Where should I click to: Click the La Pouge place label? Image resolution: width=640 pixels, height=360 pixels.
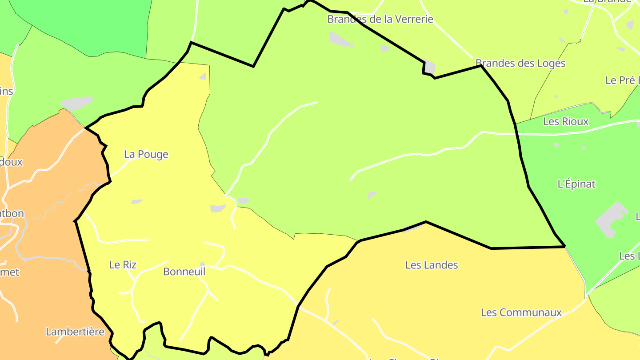click(146, 154)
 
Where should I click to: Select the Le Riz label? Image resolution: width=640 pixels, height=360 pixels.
click(123, 264)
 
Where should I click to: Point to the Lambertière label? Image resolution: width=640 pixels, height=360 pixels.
click(75, 332)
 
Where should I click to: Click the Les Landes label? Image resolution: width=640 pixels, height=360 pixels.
click(431, 265)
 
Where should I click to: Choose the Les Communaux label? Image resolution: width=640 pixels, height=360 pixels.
click(521, 312)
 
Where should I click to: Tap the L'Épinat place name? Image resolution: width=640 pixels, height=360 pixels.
click(576, 184)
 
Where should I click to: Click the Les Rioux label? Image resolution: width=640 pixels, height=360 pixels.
click(566, 121)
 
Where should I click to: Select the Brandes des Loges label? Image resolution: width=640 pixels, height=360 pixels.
click(520, 63)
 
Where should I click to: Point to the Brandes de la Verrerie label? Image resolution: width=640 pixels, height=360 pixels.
click(380, 19)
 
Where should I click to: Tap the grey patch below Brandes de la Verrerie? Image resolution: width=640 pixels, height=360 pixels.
click(340, 39)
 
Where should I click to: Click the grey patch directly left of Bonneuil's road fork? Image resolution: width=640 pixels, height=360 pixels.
click(218, 208)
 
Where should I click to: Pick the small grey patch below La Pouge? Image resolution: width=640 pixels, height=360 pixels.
click(136, 202)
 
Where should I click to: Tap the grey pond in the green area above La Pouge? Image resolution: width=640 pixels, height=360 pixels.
click(76, 103)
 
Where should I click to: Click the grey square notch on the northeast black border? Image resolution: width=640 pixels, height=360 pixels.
click(429, 67)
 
